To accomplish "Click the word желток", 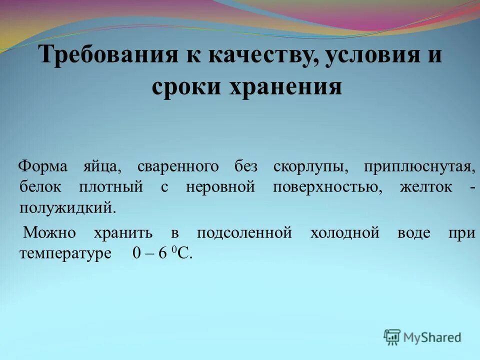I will tap(426, 186).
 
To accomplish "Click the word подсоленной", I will tap(244, 232).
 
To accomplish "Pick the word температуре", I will tap(65, 253).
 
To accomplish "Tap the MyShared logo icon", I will tap(392, 337).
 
